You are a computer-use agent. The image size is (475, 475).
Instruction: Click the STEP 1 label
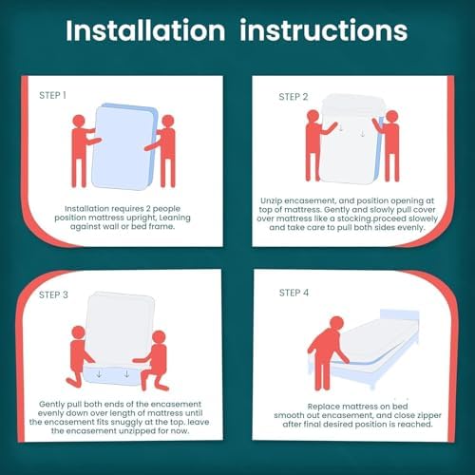point(52,95)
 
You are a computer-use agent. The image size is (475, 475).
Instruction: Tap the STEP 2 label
point(294,97)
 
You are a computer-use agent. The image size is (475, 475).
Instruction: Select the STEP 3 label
point(53,294)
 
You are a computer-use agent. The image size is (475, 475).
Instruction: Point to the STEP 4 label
point(294,293)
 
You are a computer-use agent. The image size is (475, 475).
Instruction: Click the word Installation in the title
point(145,30)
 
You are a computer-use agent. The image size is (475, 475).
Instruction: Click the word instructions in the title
point(324,30)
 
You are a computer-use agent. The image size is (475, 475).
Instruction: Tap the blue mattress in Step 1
point(124,146)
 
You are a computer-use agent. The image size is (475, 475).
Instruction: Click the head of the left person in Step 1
point(79,121)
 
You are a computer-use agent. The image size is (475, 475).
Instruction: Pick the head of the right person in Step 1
point(168,121)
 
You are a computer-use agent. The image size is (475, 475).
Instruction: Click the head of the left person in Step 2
point(313,116)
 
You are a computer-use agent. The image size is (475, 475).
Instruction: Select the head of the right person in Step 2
point(392,117)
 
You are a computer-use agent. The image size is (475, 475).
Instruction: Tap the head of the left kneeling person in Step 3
point(78,332)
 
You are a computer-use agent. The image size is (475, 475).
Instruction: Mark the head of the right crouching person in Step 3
point(159,337)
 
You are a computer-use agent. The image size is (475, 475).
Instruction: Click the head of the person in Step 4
point(336,323)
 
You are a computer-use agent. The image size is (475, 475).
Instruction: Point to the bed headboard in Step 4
point(399,316)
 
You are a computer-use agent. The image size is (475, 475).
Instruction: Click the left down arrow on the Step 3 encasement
point(99,374)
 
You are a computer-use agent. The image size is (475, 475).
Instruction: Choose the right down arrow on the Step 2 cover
point(362,134)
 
